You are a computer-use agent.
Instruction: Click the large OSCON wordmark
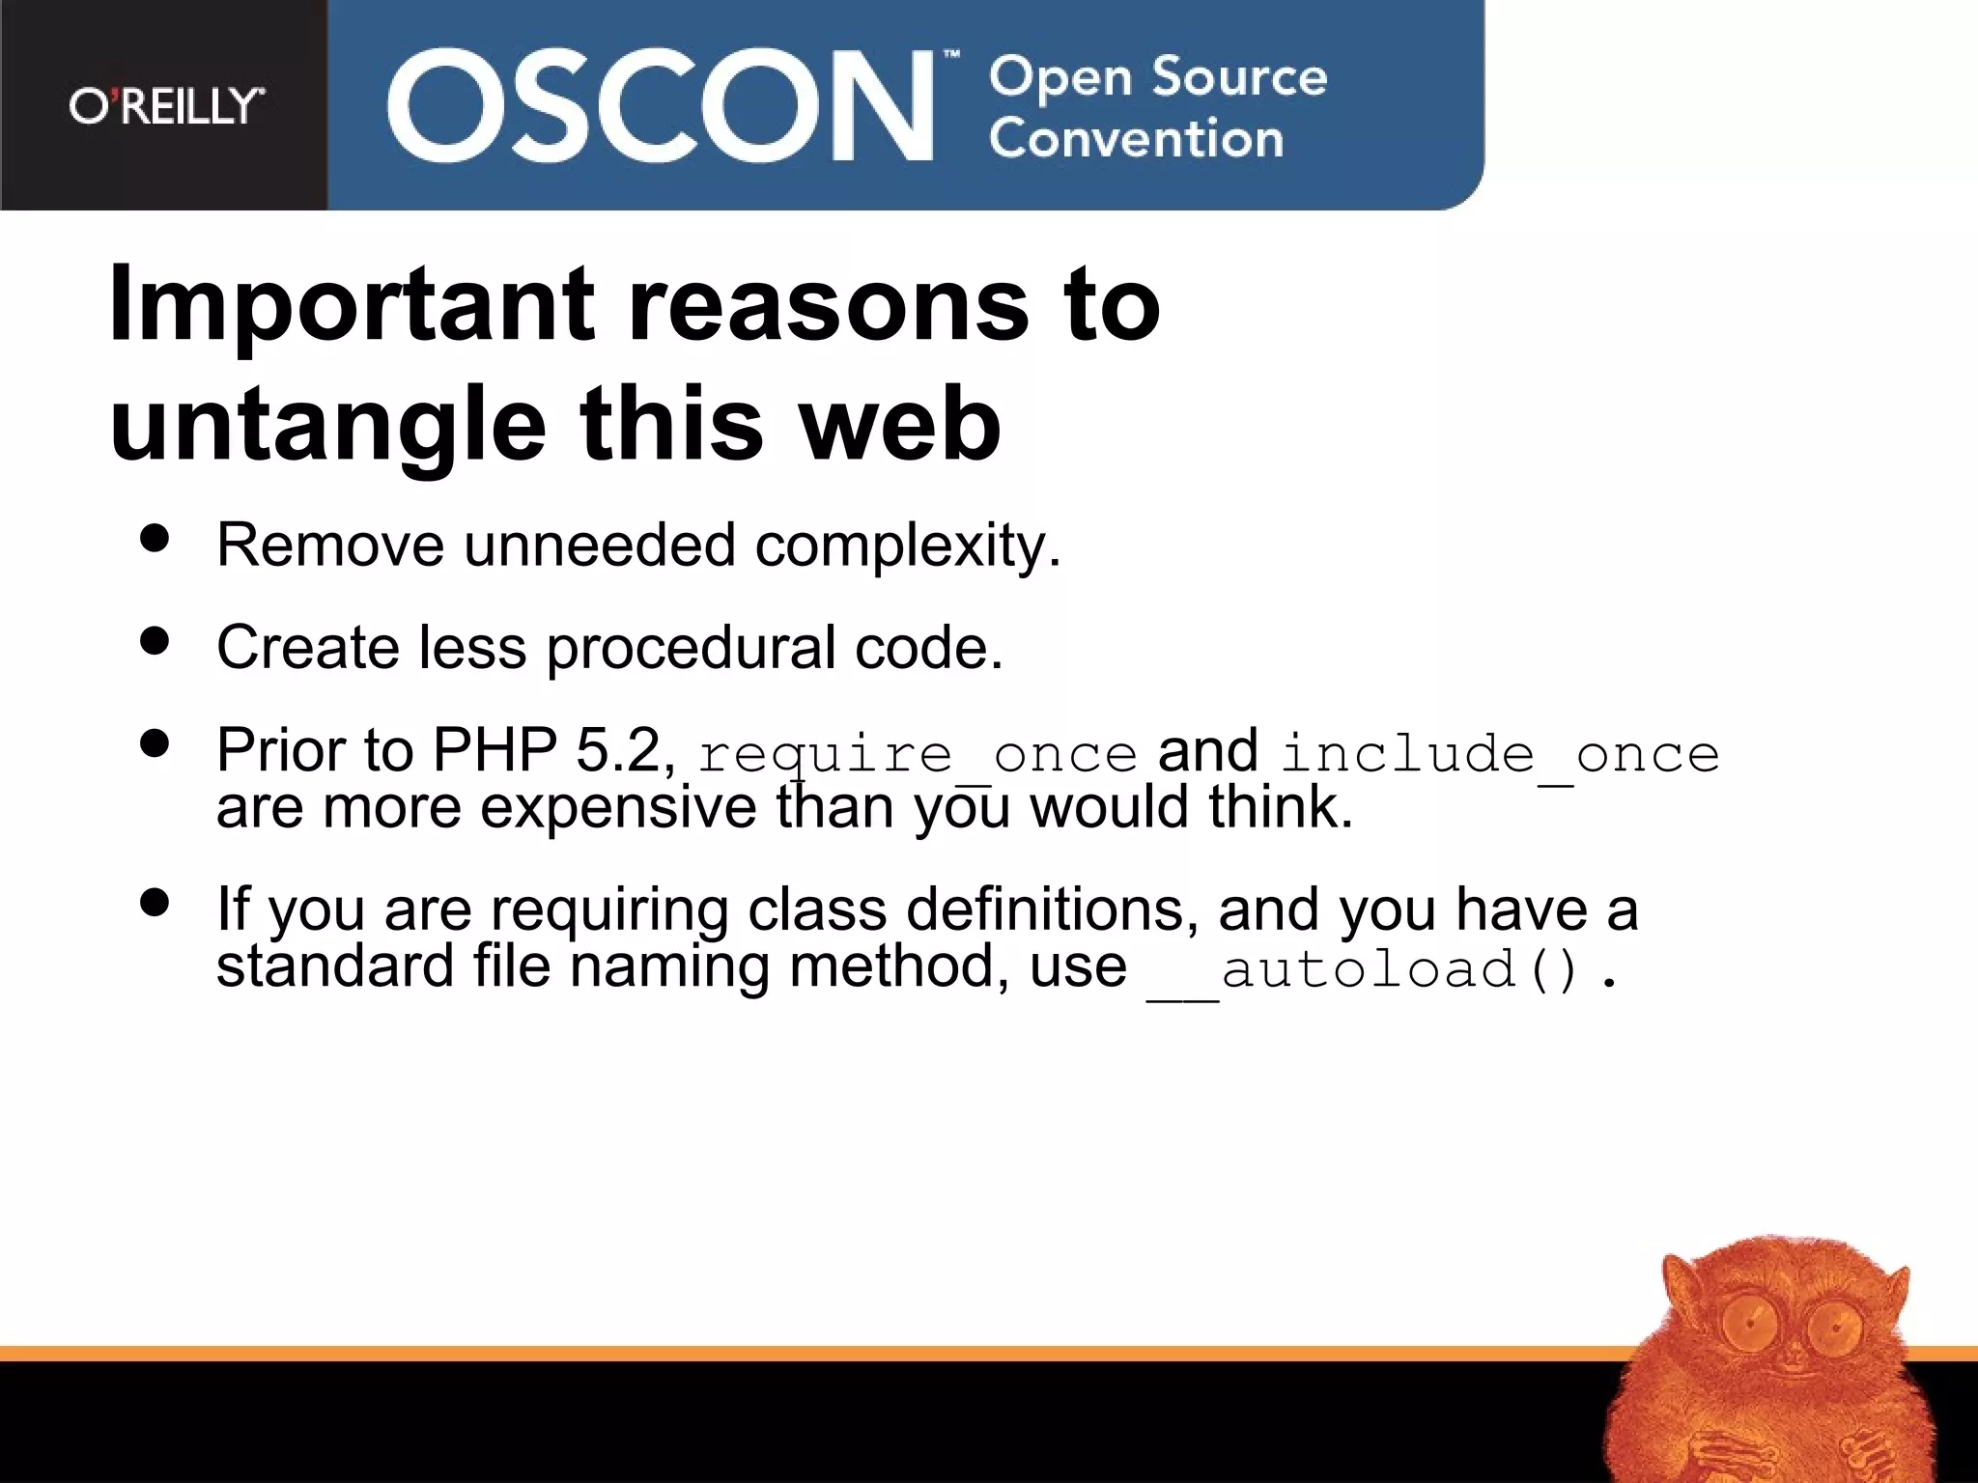660,105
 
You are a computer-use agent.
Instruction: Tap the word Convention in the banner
1136,139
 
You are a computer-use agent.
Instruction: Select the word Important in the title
352,305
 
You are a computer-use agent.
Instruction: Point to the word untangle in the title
328,426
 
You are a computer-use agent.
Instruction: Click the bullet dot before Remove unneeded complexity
155,539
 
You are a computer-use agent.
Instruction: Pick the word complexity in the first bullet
908,546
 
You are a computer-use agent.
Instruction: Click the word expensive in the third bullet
618,807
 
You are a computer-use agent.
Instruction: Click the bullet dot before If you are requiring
155,903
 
